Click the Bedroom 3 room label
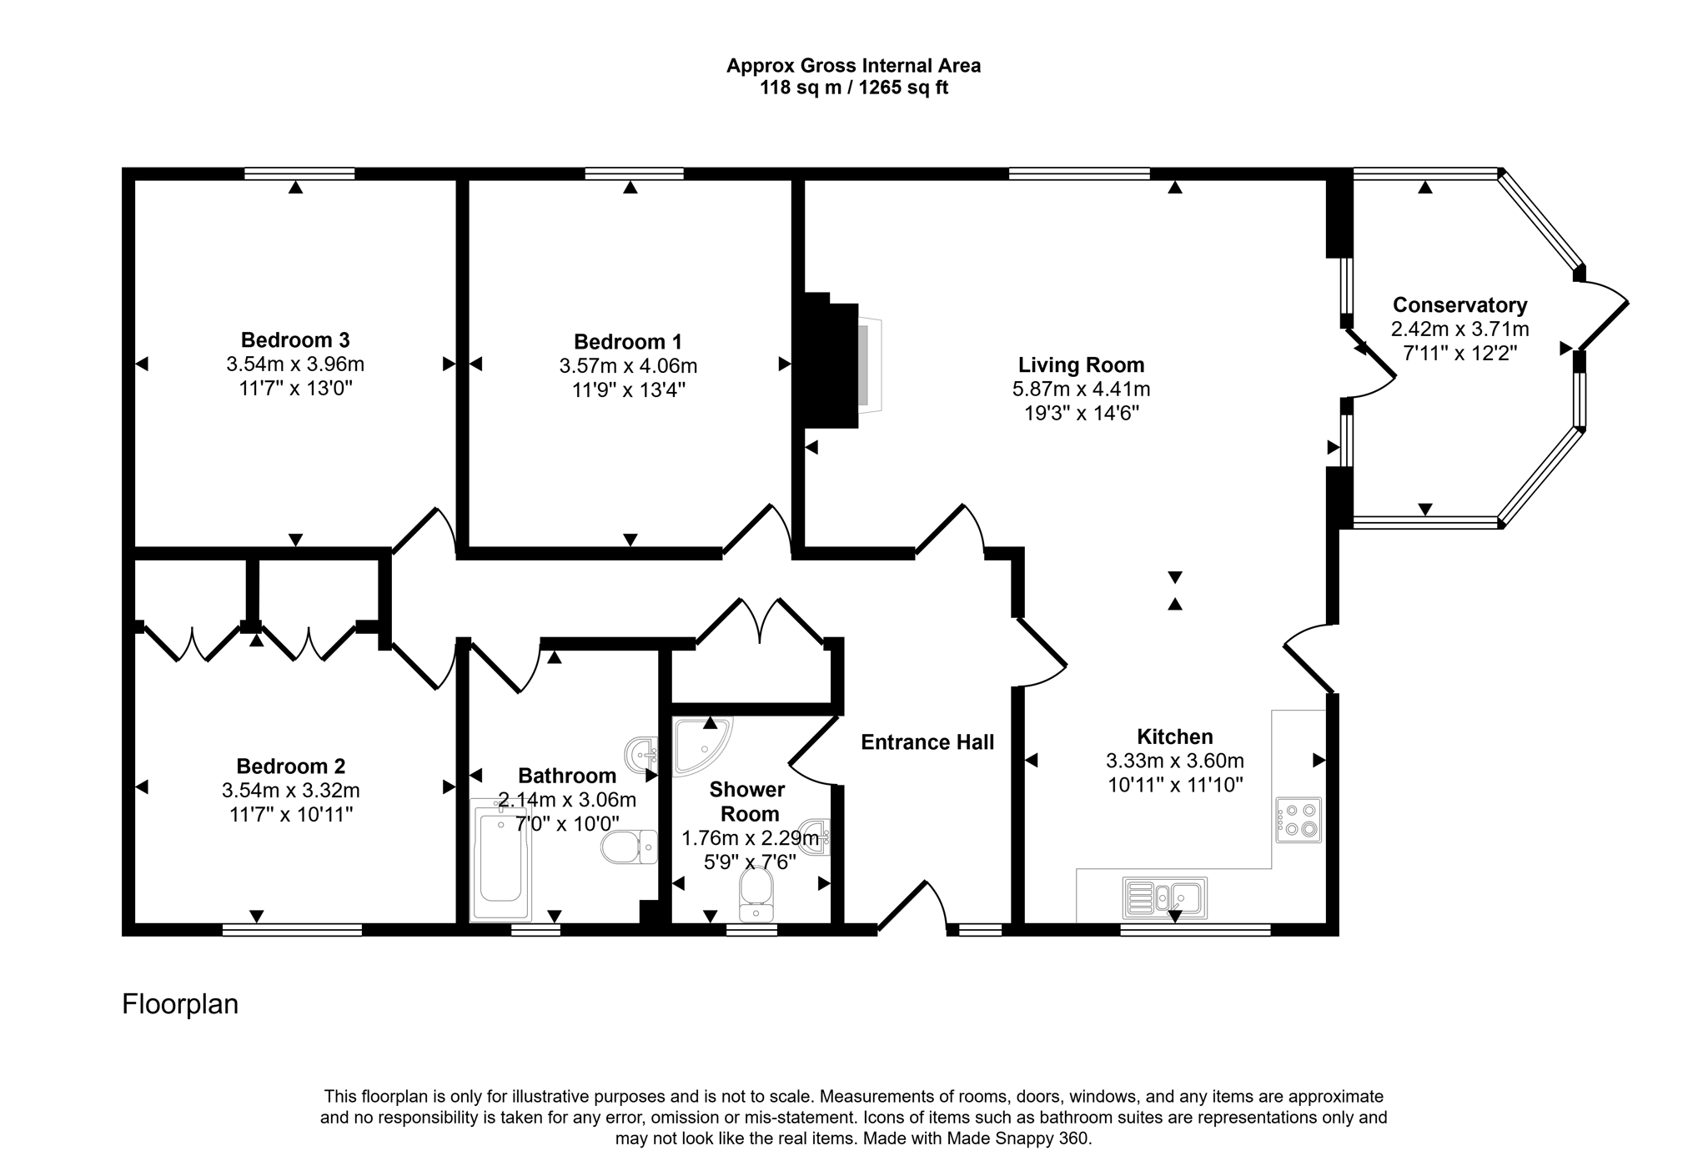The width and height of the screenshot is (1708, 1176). (x=295, y=340)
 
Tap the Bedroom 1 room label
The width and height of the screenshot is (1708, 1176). (x=628, y=342)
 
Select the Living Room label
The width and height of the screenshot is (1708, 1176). (x=1081, y=365)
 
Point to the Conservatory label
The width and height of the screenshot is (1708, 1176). (x=1459, y=305)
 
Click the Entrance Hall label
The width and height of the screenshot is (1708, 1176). (x=927, y=742)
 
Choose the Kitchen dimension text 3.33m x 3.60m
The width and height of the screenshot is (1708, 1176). (x=1175, y=761)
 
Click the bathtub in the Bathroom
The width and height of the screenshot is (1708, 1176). (x=500, y=860)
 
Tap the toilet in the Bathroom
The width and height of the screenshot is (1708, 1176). (x=630, y=847)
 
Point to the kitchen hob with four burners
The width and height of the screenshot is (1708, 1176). (x=1299, y=820)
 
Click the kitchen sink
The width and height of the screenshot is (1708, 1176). (x=1165, y=898)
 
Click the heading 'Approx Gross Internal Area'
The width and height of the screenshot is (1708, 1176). (x=853, y=66)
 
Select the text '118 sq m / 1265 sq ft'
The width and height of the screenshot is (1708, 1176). (x=853, y=88)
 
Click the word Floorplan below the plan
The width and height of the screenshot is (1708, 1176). (x=180, y=1004)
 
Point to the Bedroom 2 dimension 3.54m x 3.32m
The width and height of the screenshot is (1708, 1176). (x=291, y=790)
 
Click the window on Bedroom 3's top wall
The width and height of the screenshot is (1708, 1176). (x=299, y=173)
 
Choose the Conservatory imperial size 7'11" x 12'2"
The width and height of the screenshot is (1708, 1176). (x=1459, y=353)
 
